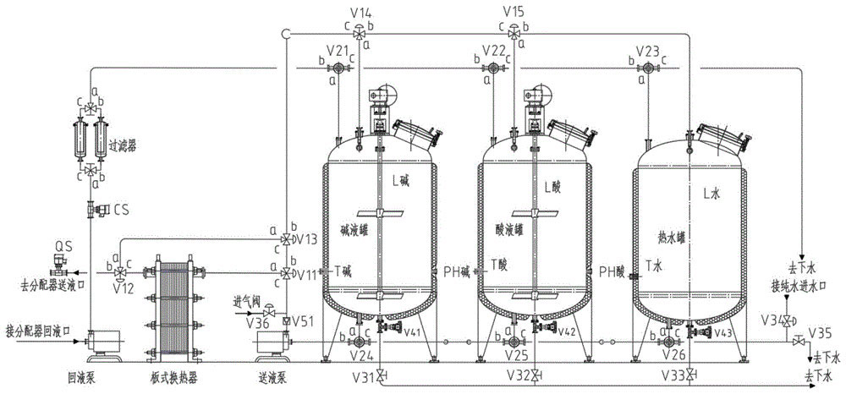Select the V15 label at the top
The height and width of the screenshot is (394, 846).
[x=514, y=11]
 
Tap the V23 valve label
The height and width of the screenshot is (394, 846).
[x=646, y=49]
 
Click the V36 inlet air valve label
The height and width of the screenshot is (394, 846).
[x=245, y=320]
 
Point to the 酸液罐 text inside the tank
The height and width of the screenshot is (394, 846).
[x=507, y=227]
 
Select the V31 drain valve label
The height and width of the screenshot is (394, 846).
[x=360, y=375]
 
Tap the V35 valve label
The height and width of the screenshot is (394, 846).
[x=821, y=331]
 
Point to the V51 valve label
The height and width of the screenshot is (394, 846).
[x=305, y=320]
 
